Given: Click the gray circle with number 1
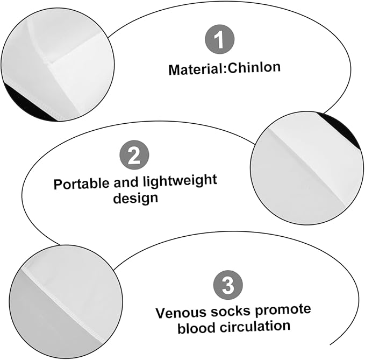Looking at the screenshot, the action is [x=219, y=39].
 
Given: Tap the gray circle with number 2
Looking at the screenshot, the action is [x=134, y=155].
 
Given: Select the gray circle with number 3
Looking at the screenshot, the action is [x=228, y=285].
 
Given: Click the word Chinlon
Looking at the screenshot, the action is [x=254, y=68].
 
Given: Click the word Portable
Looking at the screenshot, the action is [x=82, y=184].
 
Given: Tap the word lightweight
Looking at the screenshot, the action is [x=180, y=181].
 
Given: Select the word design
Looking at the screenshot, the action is [x=135, y=198].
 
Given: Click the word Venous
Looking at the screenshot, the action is [x=180, y=313].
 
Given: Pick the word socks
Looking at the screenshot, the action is [x=231, y=311].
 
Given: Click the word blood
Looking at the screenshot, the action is [x=196, y=327].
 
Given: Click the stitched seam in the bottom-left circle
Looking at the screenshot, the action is [x=63, y=305].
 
